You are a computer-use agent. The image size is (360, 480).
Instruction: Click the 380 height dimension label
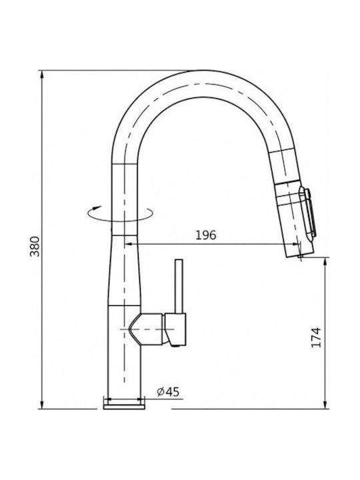(x=35, y=246)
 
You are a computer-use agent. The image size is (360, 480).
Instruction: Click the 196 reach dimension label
(x=206, y=235)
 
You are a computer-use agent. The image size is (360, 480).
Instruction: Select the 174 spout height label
(x=316, y=337)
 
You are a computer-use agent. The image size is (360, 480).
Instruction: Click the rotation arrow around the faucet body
(x=120, y=213)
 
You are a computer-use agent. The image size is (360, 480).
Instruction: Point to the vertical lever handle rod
(x=179, y=287)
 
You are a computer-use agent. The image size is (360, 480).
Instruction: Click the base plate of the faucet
(x=124, y=407)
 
